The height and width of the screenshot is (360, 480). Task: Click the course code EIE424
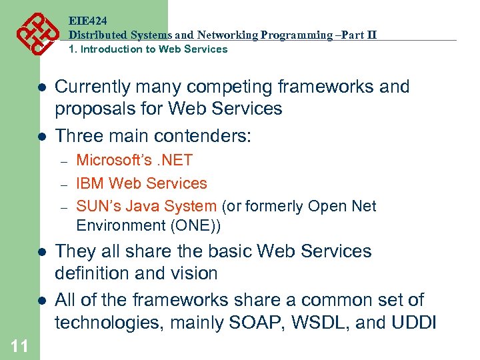(x=88, y=21)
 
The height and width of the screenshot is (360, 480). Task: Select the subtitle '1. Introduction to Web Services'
(x=148, y=49)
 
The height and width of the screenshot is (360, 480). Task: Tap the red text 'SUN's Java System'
(x=146, y=207)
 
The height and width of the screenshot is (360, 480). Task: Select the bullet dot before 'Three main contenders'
(x=41, y=137)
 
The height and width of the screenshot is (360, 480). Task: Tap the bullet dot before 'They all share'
(x=41, y=252)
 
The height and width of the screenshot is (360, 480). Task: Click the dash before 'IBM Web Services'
(x=64, y=184)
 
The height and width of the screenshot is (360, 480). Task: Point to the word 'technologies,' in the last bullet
(x=108, y=323)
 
